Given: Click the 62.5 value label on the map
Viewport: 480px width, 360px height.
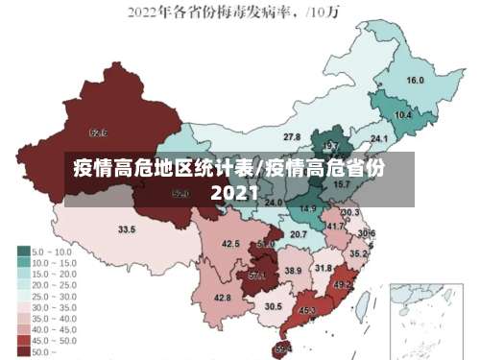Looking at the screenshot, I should tap(97, 132).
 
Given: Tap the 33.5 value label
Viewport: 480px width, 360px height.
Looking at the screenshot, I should tap(127, 229).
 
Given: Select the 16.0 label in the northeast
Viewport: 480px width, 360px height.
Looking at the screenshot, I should tap(416, 81).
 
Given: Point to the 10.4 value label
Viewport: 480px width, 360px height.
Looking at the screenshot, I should tap(403, 115).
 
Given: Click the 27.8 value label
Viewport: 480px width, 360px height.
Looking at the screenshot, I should tap(292, 137).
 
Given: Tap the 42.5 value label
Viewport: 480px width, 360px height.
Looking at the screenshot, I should tap(230, 244).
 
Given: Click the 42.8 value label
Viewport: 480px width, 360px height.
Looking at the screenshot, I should tap(222, 299).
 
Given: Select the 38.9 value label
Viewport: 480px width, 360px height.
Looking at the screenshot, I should tap(293, 272).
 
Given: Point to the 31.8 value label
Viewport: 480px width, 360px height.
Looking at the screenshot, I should tap(324, 268).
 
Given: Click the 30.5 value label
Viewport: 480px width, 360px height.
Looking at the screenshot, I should tap(273, 306).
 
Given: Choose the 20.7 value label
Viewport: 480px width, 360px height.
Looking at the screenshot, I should tap(299, 234).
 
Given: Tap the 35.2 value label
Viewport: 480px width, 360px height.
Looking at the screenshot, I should tap(357, 253).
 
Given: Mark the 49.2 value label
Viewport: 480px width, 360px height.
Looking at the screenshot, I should tap(342, 285).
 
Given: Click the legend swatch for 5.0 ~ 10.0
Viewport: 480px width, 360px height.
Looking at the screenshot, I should tap(23, 251).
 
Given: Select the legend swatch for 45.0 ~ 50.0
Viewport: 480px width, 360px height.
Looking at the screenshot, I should tap(23, 340).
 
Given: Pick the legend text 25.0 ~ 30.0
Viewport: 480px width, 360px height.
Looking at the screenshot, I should tap(55, 296).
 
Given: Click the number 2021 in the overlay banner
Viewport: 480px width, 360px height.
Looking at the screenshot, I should tap(234, 193).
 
